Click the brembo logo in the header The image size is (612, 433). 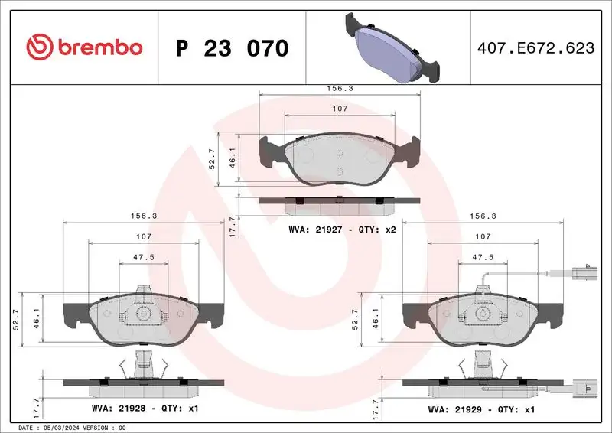click(84, 47)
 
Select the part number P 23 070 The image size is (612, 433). click(232, 48)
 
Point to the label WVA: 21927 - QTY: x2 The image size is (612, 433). click(341, 229)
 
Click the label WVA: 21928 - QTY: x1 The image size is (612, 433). click(144, 409)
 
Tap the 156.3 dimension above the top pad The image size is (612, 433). click(340, 88)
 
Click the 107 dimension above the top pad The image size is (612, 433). click(340, 109)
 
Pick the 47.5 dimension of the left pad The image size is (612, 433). click(142, 258)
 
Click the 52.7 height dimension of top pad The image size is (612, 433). click(213, 159)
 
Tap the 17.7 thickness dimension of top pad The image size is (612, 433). click(233, 223)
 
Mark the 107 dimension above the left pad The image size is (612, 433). click(142, 236)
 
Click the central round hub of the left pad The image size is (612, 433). click(143, 314)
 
